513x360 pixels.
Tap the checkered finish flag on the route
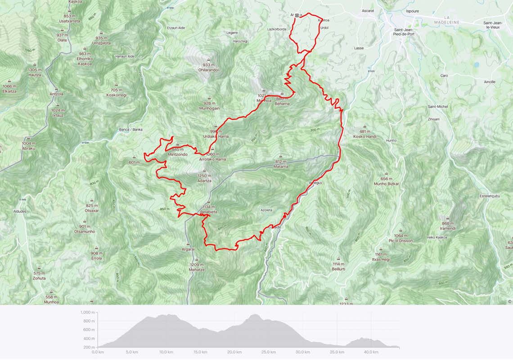[297, 15]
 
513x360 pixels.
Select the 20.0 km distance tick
[234, 352]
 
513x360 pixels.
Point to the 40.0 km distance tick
[371, 352]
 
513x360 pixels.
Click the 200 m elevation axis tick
[89, 347]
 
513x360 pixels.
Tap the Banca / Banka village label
[130, 130]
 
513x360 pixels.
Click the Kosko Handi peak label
[364, 136]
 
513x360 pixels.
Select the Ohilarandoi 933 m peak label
[208, 67]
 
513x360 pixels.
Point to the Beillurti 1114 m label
[338, 266]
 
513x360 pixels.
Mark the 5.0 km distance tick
[131, 352]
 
